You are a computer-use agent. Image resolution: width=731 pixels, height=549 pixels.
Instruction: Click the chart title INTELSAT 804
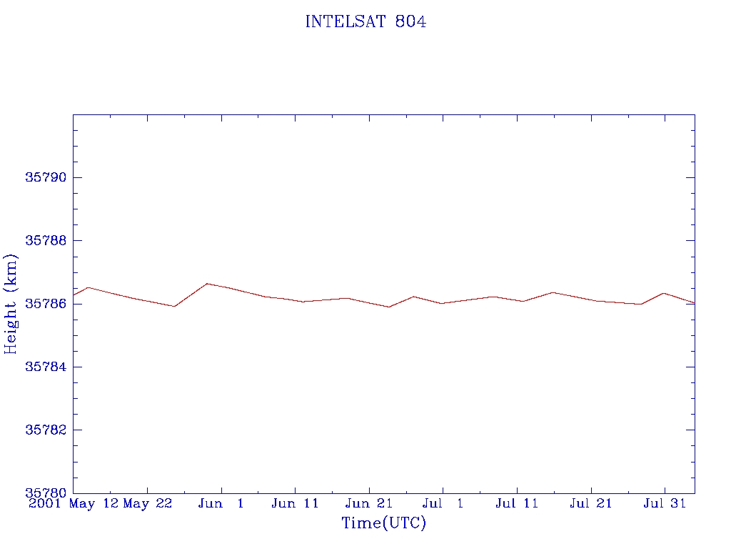[365, 21]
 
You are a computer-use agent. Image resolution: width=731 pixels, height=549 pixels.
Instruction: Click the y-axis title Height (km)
[10, 304]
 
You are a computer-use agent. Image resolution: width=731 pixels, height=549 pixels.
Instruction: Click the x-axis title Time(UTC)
[383, 523]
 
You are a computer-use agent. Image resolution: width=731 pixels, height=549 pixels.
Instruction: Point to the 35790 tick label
[46, 177]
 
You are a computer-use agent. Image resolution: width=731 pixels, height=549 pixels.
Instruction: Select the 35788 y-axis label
[46, 240]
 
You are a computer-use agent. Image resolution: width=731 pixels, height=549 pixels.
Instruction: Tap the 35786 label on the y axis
[46, 304]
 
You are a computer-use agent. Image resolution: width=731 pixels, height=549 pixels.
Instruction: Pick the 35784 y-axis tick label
[46, 367]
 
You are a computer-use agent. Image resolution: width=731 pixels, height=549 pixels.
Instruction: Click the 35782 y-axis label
[46, 430]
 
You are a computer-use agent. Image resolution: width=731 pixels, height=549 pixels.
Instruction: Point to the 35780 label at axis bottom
[46, 493]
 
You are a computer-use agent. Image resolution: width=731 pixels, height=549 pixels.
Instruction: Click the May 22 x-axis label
[147, 504]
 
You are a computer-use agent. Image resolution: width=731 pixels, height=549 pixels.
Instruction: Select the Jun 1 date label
[221, 504]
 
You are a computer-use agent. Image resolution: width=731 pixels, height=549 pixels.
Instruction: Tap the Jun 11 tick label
[295, 504]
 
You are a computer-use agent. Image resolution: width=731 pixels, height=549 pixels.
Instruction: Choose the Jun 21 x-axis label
[369, 504]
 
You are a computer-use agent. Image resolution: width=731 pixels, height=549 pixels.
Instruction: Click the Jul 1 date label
[443, 504]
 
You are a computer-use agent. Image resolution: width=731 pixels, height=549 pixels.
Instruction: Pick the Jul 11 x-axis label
[517, 504]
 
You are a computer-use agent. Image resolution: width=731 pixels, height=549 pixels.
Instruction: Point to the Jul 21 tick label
[590, 504]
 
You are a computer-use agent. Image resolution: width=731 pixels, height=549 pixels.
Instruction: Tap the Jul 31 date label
[665, 504]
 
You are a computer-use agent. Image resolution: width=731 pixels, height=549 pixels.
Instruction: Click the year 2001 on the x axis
[45, 504]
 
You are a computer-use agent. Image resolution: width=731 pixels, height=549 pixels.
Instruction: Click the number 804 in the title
[410, 21]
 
